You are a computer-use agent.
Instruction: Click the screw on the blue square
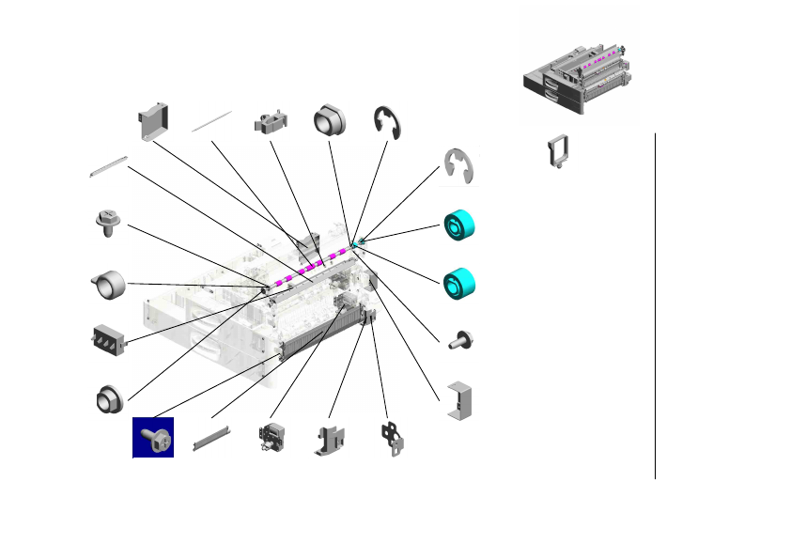[x=153, y=438]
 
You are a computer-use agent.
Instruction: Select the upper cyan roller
[x=459, y=225]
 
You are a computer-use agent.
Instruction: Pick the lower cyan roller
[x=459, y=281]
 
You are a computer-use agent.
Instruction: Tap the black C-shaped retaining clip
[x=388, y=122]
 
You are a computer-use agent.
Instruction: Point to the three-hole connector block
[x=110, y=340]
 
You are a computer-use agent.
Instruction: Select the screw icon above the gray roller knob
[x=109, y=223]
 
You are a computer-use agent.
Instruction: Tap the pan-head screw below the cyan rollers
[x=459, y=340]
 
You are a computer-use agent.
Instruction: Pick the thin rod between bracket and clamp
[x=212, y=120]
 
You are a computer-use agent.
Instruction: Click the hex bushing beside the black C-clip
[x=330, y=119]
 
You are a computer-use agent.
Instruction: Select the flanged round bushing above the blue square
[x=109, y=398]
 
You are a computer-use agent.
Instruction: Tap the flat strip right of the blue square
[x=210, y=437]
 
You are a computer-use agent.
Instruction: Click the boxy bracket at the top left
[x=151, y=118]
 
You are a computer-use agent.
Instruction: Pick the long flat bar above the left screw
[x=108, y=165]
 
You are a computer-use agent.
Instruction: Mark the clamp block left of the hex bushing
[x=270, y=122]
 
